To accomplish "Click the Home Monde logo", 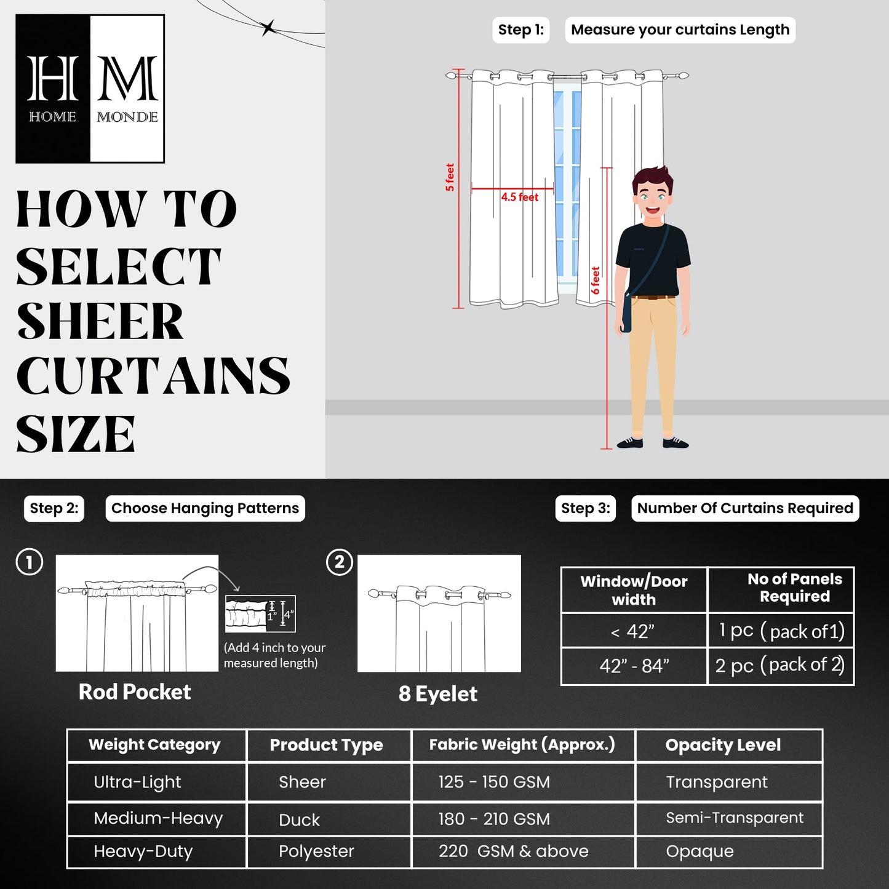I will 90,89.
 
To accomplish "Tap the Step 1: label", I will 520,30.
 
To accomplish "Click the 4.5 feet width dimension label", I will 519,197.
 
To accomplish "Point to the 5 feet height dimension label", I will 450,177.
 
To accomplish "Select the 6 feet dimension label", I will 596,280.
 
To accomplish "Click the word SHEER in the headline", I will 100,322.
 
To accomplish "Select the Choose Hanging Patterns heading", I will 205,508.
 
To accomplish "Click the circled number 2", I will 339,562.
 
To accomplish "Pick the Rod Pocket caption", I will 135,692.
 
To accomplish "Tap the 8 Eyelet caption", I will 437,694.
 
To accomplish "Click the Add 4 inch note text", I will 274,655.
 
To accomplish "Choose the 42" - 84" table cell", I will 634,666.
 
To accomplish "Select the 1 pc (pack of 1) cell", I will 781,631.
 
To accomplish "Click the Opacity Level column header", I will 723,745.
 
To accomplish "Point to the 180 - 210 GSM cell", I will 494,819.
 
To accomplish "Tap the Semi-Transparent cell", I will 734,818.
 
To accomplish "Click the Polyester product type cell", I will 316,851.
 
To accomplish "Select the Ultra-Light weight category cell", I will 137,783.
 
